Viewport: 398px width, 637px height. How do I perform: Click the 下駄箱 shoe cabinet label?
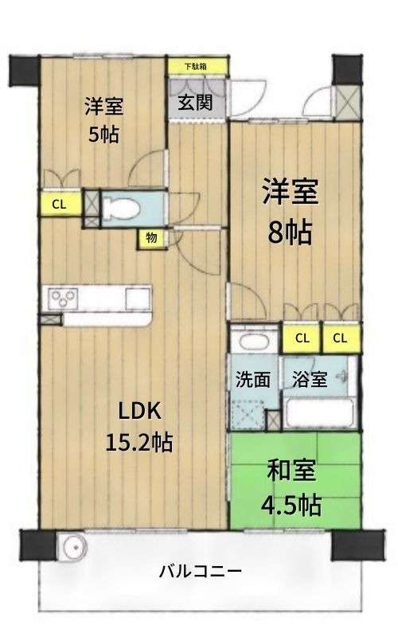click(195, 67)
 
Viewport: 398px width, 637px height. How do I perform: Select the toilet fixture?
click(121, 209)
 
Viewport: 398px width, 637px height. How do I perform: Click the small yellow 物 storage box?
click(152, 238)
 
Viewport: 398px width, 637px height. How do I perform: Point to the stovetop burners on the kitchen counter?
click(64, 299)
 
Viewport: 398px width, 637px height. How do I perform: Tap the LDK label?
click(139, 412)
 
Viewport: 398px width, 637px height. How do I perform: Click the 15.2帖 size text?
click(139, 442)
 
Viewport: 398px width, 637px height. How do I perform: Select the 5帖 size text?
click(104, 134)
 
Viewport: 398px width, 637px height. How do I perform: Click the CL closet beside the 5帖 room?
click(60, 204)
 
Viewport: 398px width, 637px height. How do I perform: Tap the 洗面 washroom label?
click(252, 380)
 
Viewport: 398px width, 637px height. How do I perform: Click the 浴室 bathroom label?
click(310, 380)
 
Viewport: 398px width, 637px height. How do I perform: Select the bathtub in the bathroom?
click(319, 413)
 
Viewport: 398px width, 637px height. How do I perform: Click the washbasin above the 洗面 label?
click(255, 341)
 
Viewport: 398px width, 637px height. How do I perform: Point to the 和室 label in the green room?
click(291, 471)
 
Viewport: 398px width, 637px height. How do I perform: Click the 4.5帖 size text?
click(291, 505)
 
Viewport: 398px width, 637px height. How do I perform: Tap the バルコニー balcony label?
click(200, 572)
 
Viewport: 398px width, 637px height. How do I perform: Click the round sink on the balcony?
click(73, 547)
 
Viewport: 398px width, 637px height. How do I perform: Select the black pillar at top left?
click(25, 71)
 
